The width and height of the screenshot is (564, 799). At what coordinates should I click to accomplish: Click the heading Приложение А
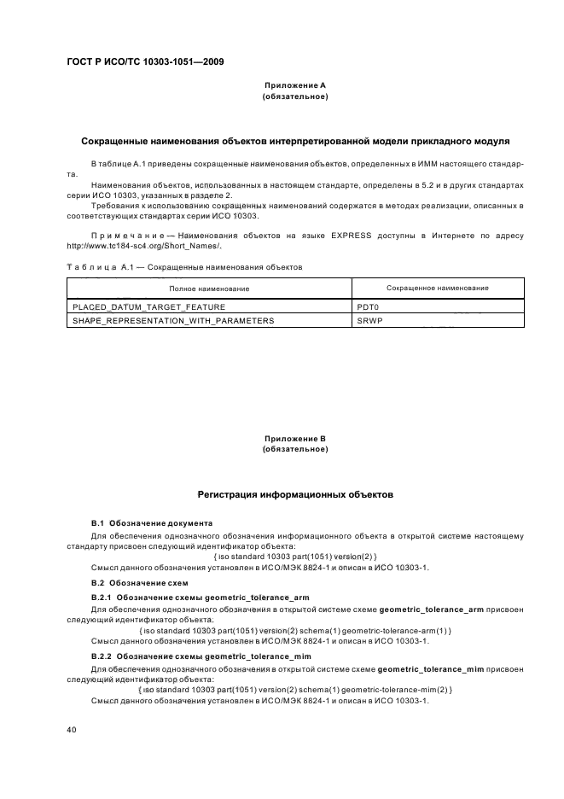click(x=295, y=85)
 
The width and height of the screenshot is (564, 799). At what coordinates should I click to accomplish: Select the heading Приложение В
click(x=295, y=439)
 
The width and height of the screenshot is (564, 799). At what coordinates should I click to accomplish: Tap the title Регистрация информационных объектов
click(x=295, y=494)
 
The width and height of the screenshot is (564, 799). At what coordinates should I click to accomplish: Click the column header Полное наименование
click(x=209, y=289)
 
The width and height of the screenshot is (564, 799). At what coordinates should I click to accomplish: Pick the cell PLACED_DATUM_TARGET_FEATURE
click(x=139, y=306)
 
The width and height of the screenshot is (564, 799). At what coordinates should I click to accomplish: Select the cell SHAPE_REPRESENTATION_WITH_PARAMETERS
click(x=173, y=320)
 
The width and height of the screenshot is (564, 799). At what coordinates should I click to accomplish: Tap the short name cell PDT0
click(x=367, y=306)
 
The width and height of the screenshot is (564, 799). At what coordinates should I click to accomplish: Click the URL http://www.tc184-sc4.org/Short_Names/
click(x=143, y=246)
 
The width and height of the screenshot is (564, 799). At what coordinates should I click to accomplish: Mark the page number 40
click(x=73, y=731)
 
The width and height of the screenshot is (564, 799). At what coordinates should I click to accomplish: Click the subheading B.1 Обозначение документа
click(x=151, y=522)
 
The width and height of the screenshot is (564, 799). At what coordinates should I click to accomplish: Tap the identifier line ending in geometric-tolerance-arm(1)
click(x=294, y=630)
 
